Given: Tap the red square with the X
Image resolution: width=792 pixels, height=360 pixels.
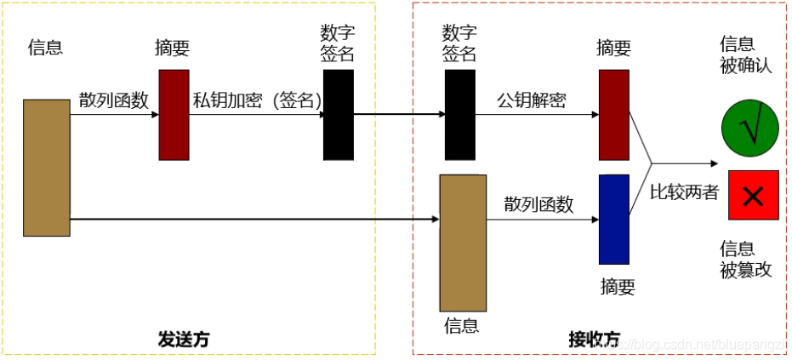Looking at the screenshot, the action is [752, 195].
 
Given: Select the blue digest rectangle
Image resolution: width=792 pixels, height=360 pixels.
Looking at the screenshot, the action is [614, 219].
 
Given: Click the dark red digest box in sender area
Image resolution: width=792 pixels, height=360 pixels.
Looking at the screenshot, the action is [174, 115].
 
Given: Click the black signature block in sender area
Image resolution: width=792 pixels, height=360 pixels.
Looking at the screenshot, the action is [338, 115].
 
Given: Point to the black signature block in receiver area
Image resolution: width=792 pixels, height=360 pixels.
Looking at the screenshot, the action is [459, 115].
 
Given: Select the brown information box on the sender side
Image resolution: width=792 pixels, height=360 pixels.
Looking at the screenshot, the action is [47, 168].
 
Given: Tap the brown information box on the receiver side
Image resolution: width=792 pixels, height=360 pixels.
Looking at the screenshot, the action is [463, 243].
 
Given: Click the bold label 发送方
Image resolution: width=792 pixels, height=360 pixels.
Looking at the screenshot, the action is [183, 339].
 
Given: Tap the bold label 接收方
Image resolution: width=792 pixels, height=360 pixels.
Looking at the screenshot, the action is [594, 339].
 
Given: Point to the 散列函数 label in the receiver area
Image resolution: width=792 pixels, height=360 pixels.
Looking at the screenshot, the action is [538, 204].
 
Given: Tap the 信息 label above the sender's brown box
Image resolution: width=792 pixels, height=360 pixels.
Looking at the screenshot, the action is [45, 47].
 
